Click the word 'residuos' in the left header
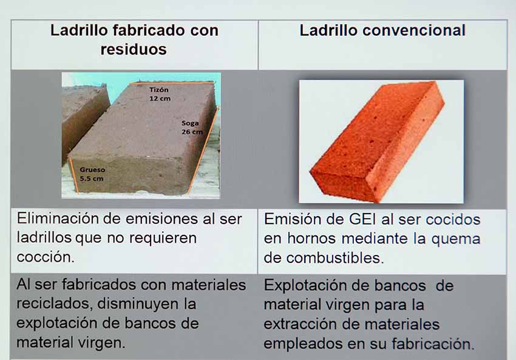[x=134, y=49]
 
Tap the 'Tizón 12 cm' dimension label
[x=160, y=93]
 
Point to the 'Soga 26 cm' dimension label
[x=192, y=127]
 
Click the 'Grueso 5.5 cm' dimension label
[x=92, y=174]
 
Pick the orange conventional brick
[x=378, y=142]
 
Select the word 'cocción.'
[x=46, y=257]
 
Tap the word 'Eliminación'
[x=58, y=219]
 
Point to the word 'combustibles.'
[x=335, y=258]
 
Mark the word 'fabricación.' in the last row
[x=433, y=344]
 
